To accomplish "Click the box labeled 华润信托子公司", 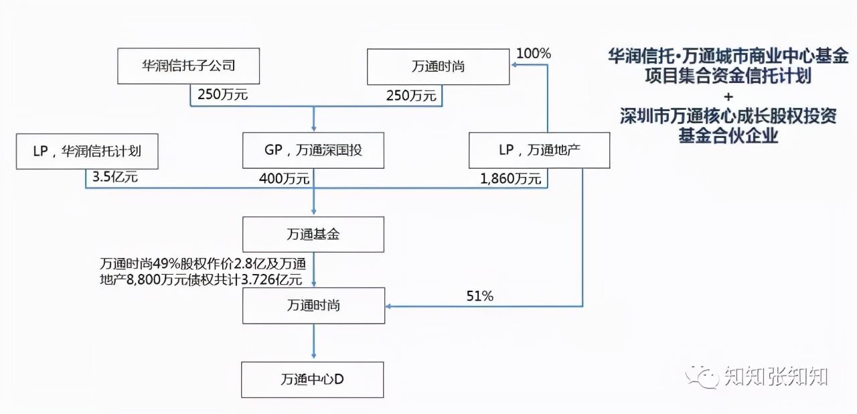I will click(188, 66).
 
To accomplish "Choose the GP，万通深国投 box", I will click(313, 150).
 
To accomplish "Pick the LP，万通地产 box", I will click(539, 150).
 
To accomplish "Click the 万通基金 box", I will click(313, 234).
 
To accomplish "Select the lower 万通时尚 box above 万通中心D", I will click(313, 305).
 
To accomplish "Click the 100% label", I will click(533, 54).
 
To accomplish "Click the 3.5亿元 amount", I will click(112, 179).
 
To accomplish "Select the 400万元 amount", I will click(284, 179).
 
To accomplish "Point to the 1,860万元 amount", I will click(510, 179).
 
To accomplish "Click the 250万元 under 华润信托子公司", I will click(222, 95).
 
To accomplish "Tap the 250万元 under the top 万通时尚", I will click(411, 96).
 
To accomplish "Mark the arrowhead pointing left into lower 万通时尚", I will click(390, 307).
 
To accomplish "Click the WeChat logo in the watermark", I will click(701, 376).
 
